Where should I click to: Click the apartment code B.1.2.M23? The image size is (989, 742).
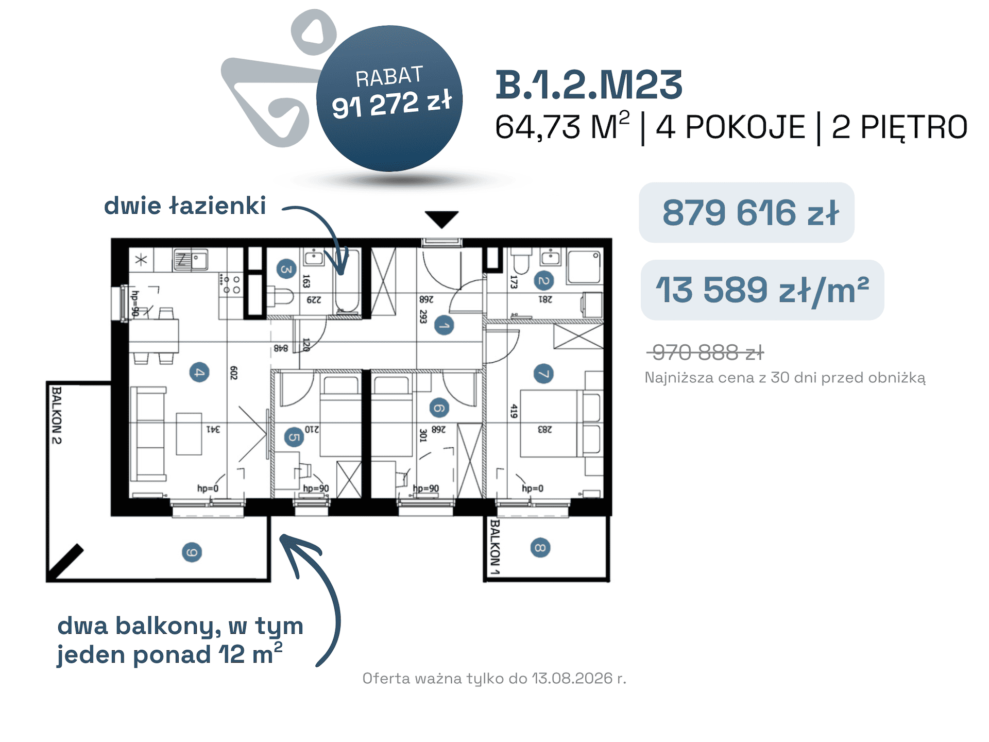click(589, 85)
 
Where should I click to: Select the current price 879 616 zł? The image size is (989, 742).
click(751, 212)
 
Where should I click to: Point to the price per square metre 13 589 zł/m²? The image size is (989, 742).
click(762, 290)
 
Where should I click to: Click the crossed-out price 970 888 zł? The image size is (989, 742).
click(706, 353)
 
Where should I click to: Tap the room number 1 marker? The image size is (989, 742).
click(444, 326)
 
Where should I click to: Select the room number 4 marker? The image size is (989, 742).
click(199, 372)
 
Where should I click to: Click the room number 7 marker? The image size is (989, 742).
click(543, 373)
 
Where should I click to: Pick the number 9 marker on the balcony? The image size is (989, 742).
click(192, 552)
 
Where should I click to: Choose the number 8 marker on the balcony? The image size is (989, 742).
click(540, 547)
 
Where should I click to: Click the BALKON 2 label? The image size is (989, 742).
click(57, 415)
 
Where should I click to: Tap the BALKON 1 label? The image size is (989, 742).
click(494, 547)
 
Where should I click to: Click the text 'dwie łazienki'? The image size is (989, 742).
click(185, 206)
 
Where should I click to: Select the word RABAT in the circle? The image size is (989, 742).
click(389, 77)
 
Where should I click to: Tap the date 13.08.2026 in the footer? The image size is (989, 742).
click(572, 678)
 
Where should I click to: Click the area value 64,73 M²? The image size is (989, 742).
click(562, 126)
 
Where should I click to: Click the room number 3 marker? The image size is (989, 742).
click(286, 269)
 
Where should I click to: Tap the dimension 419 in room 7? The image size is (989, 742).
click(514, 411)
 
